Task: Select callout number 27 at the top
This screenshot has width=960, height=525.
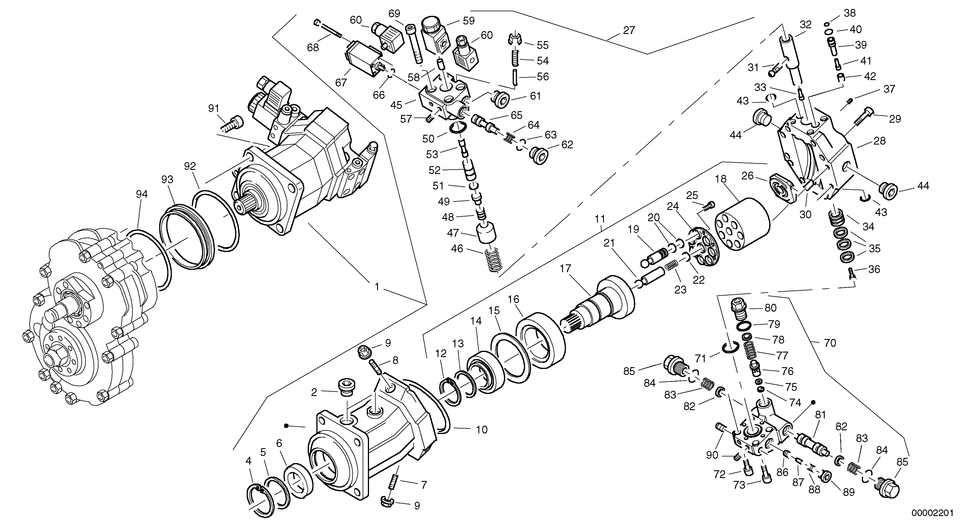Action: tap(629, 30)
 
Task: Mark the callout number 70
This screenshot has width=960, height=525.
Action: tap(830, 343)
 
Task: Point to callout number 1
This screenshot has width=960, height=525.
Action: tap(377, 287)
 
